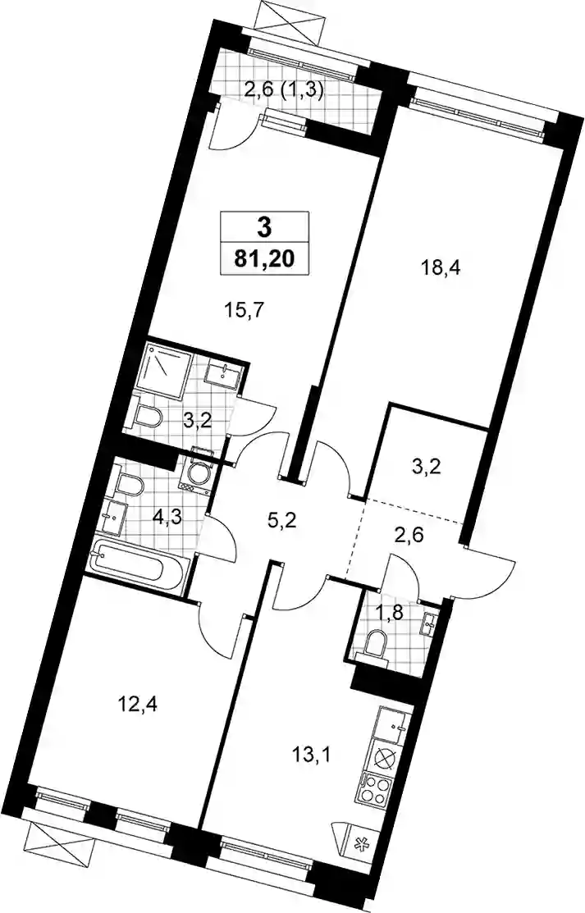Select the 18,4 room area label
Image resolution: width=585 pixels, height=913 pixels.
[441, 269]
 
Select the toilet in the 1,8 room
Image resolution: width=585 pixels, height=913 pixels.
[377, 644]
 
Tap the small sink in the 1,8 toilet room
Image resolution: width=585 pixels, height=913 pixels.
[432, 623]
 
